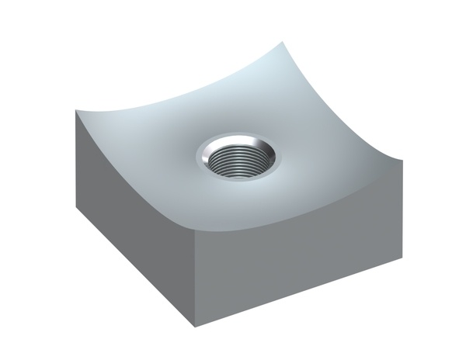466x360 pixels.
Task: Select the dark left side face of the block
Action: [132, 225]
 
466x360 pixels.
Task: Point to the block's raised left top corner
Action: [78, 111]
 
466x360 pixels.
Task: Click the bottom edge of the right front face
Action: [299, 289]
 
